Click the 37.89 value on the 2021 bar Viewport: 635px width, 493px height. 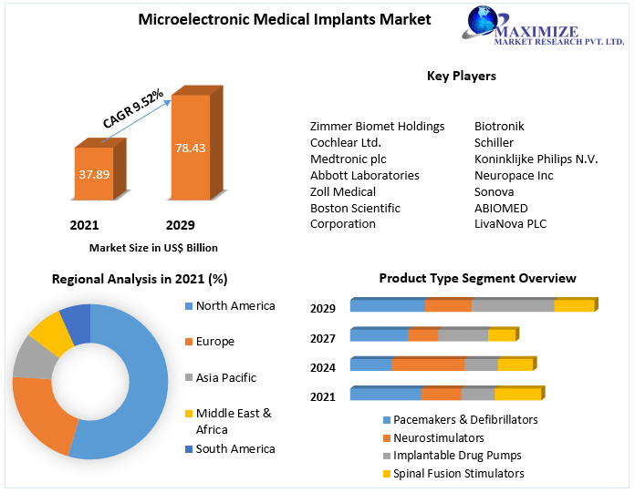click(93, 173)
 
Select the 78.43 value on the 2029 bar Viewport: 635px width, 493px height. click(190, 147)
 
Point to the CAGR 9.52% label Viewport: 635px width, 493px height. click(133, 108)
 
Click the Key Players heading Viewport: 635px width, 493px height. click(461, 76)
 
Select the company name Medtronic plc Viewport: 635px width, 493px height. click(348, 159)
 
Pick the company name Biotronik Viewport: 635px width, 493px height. click(499, 126)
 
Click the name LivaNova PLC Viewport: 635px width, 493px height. click(510, 224)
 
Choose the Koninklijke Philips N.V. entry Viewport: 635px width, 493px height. click(536, 159)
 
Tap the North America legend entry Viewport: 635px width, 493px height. click(234, 306)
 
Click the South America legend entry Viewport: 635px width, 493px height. click(234, 448)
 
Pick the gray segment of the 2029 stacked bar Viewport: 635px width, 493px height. click(513, 305)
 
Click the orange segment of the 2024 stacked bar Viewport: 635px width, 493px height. click(428, 365)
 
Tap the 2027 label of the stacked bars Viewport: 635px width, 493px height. click(323, 338)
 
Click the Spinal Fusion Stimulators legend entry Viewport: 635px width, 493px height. click(458, 473)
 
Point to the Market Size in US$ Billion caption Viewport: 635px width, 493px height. click(153, 247)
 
